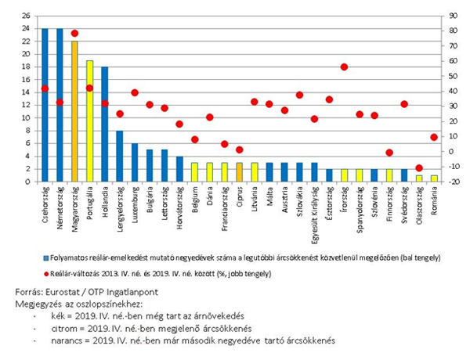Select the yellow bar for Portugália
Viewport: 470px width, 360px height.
tap(89, 121)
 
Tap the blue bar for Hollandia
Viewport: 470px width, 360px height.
tap(104, 124)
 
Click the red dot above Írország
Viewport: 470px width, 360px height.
tap(344, 67)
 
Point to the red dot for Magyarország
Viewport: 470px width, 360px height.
tap(74, 34)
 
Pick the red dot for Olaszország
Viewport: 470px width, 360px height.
tap(419, 168)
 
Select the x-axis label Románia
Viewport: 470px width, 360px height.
tap(434, 201)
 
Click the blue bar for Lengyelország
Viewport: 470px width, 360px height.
tap(119, 156)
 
